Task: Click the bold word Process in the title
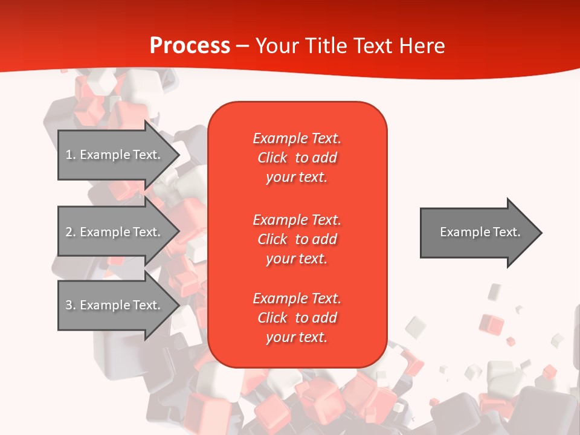click(x=190, y=46)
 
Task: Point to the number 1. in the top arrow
click(x=71, y=155)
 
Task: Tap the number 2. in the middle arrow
click(x=71, y=232)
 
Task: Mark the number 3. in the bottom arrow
click(x=71, y=305)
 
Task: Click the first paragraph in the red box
click(x=297, y=158)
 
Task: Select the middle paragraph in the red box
click(x=297, y=239)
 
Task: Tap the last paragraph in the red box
click(x=297, y=318)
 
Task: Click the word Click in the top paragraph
click(x=272, y=158)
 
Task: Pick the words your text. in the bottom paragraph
click(x=297, y=338)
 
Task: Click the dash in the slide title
click(x=243, y=46)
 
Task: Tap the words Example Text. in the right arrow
click(x=480, y=232)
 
